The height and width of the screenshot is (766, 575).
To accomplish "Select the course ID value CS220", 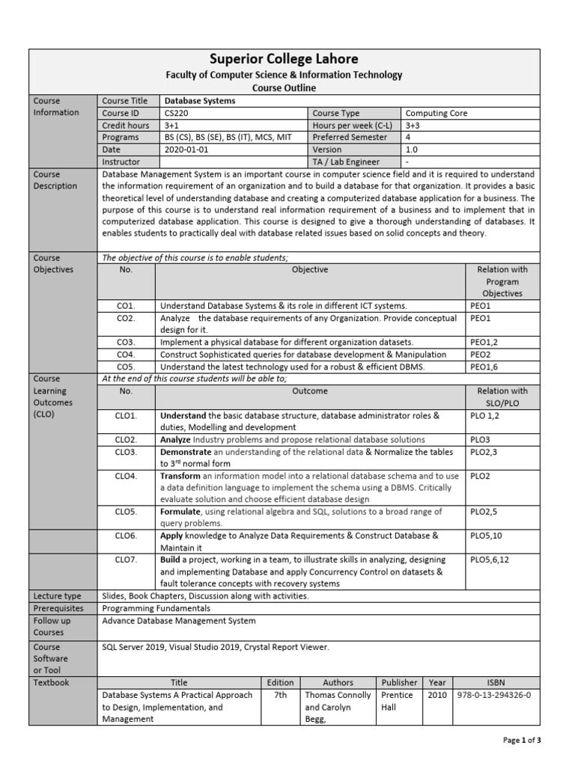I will coord(177,113).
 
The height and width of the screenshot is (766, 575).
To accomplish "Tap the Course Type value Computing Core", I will coord(436,113).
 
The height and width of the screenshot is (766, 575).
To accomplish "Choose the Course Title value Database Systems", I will coord(199,101).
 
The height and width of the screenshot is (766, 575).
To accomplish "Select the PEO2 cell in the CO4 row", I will coord(481,354).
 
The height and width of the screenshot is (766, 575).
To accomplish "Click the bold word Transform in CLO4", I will coord(180,476).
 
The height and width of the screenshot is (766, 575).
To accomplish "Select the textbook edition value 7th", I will coord(276,695).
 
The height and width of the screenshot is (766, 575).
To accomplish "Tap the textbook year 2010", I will coord(436,695).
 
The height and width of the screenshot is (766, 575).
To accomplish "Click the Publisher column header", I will coord(399,682).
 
